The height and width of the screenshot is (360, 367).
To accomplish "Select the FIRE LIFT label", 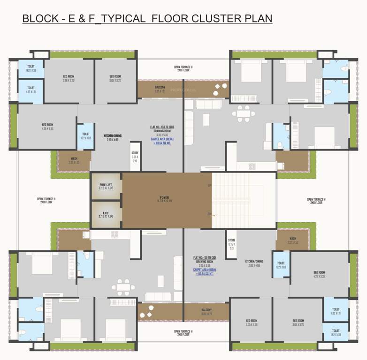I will (x=106, y=186).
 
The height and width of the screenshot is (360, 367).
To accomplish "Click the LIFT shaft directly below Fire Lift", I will (x=106, y=214).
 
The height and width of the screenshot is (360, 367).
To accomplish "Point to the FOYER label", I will (x=164, y=199).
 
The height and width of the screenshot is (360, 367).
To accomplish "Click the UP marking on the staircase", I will (x=209, y=186).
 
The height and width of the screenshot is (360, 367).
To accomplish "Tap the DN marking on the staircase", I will (x=209, y=214).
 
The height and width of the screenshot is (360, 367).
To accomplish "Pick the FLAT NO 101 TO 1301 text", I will (x=204, y=258).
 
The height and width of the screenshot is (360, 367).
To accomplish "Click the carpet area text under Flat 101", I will (x=204, y=271).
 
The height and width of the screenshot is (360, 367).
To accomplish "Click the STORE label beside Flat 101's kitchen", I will (x=231, y=245).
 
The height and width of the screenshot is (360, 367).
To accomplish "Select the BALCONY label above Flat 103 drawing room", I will (x=160, y=89).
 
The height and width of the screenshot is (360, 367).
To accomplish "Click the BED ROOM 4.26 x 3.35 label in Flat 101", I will (x=319, y=274).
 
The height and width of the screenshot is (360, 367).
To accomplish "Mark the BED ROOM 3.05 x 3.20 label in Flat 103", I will (x=115, y=78).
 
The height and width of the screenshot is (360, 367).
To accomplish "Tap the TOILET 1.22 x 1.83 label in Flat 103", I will (x=86, y=136).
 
